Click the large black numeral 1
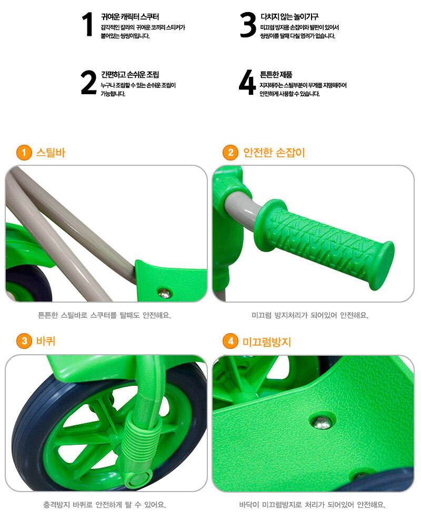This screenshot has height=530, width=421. coord(88,24)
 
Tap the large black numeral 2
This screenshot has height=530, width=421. coord(88,82)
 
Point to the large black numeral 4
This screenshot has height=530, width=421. coord(247,82)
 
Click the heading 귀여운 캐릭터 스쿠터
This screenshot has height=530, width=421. coord(130,16)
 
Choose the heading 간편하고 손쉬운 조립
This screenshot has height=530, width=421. coord(130,74)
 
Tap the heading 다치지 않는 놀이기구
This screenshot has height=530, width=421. coord(289,16)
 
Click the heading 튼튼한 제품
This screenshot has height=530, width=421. coord(276,74)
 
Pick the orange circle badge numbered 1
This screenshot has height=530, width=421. coord(24,153)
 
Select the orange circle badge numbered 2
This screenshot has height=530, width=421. coord(230,153)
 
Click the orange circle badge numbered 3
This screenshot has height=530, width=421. coord(24,341)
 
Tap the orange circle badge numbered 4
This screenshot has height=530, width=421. coord(230,341)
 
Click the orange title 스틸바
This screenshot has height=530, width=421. coord(51,153)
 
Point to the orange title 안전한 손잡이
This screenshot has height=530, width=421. coord(274,153)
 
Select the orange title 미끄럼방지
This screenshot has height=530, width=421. coord(267,342)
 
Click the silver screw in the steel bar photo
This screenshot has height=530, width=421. coord(165,293)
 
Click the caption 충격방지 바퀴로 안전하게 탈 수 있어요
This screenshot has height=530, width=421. coord(104,505)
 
